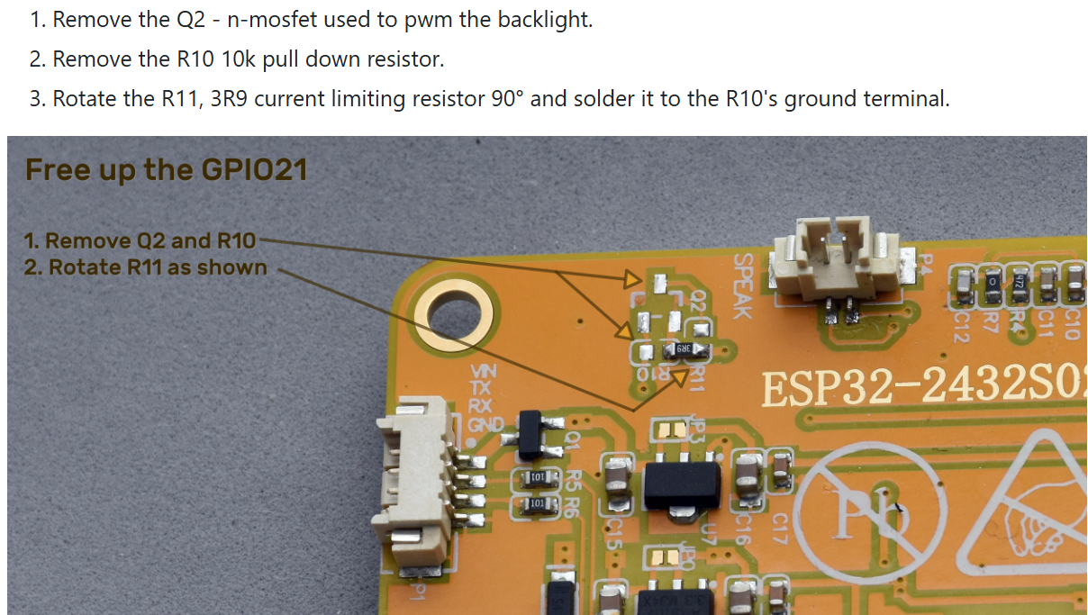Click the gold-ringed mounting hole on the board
click(455, 317)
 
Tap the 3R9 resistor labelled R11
click(683, 348)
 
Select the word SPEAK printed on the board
click(742, 285)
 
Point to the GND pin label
click(485, 424)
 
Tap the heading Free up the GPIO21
click(166, 169)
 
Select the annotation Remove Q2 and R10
click(140, 240)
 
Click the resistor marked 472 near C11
click(1020, 281)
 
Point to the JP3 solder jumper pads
click(671, 430)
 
